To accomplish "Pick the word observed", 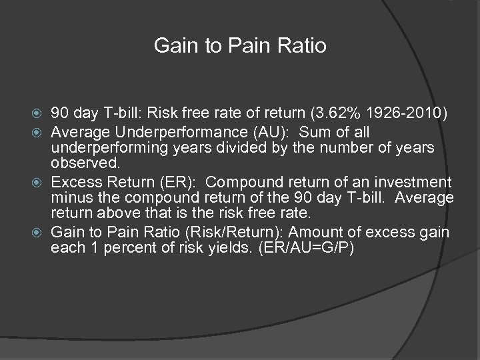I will (x=81, y=164).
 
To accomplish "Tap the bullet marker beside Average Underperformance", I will (x=41, y=130).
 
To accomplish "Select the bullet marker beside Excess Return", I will (x=41, y=182).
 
